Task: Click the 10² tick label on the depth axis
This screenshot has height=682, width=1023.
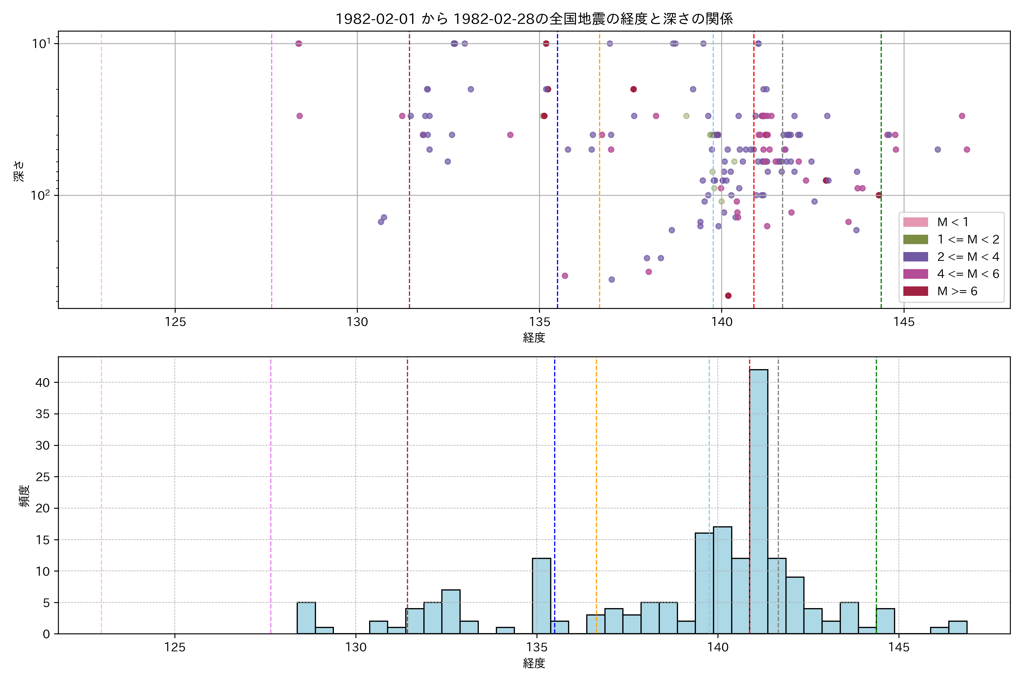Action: pyautogui.click(x=40, y=195)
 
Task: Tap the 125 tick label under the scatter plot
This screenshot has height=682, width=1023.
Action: pyautogui.click(x=175, y=322)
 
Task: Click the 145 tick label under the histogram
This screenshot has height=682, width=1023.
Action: pyautogui.click(x=899, y=648)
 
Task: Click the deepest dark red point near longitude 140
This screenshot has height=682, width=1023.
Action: pyautogui.click(x=728, y=296)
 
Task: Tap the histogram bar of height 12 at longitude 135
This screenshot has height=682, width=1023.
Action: pyautogui.click(x=542, y=596)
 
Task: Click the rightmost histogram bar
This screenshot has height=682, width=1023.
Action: pyautogui.click(x=958, y=627)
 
